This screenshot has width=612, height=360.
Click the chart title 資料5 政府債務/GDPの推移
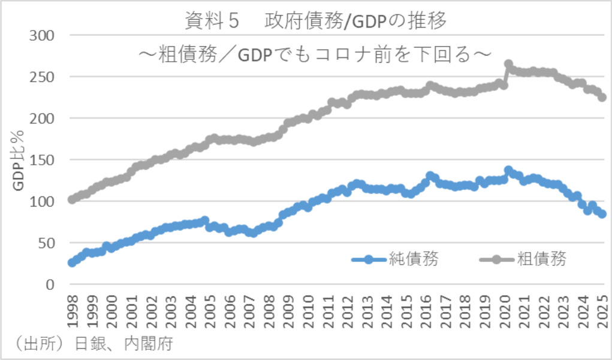click(316, 22)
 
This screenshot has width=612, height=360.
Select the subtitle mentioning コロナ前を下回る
click(316, 53)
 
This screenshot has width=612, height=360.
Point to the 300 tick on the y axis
click(43, 35)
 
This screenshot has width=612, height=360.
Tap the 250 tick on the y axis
click(43, 77)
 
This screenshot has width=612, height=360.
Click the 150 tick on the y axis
click(43, 160)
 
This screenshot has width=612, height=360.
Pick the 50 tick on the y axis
click(47, 243)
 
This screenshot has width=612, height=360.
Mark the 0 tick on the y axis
click(51, 285)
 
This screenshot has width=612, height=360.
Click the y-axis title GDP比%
click(19, 160)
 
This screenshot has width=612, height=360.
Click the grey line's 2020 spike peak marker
click(508, 64)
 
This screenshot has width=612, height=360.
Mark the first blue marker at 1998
click(72, 262)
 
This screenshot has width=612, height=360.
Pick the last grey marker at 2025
click(602, 98)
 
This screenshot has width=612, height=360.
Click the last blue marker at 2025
click(602, 214)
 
